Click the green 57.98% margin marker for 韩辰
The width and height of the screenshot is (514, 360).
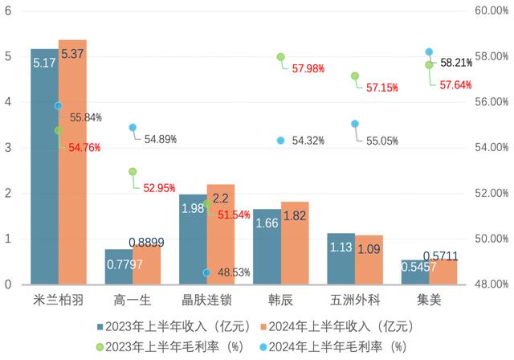281,57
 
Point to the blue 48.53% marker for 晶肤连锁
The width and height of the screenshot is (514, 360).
206,273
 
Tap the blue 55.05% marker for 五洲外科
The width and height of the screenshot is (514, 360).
355,124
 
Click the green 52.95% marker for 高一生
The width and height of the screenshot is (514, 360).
133,172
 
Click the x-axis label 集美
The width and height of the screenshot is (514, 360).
430,301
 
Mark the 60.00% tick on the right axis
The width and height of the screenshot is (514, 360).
487,10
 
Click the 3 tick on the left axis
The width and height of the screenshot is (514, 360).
7,148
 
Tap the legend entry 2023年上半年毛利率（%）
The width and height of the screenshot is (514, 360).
165,346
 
